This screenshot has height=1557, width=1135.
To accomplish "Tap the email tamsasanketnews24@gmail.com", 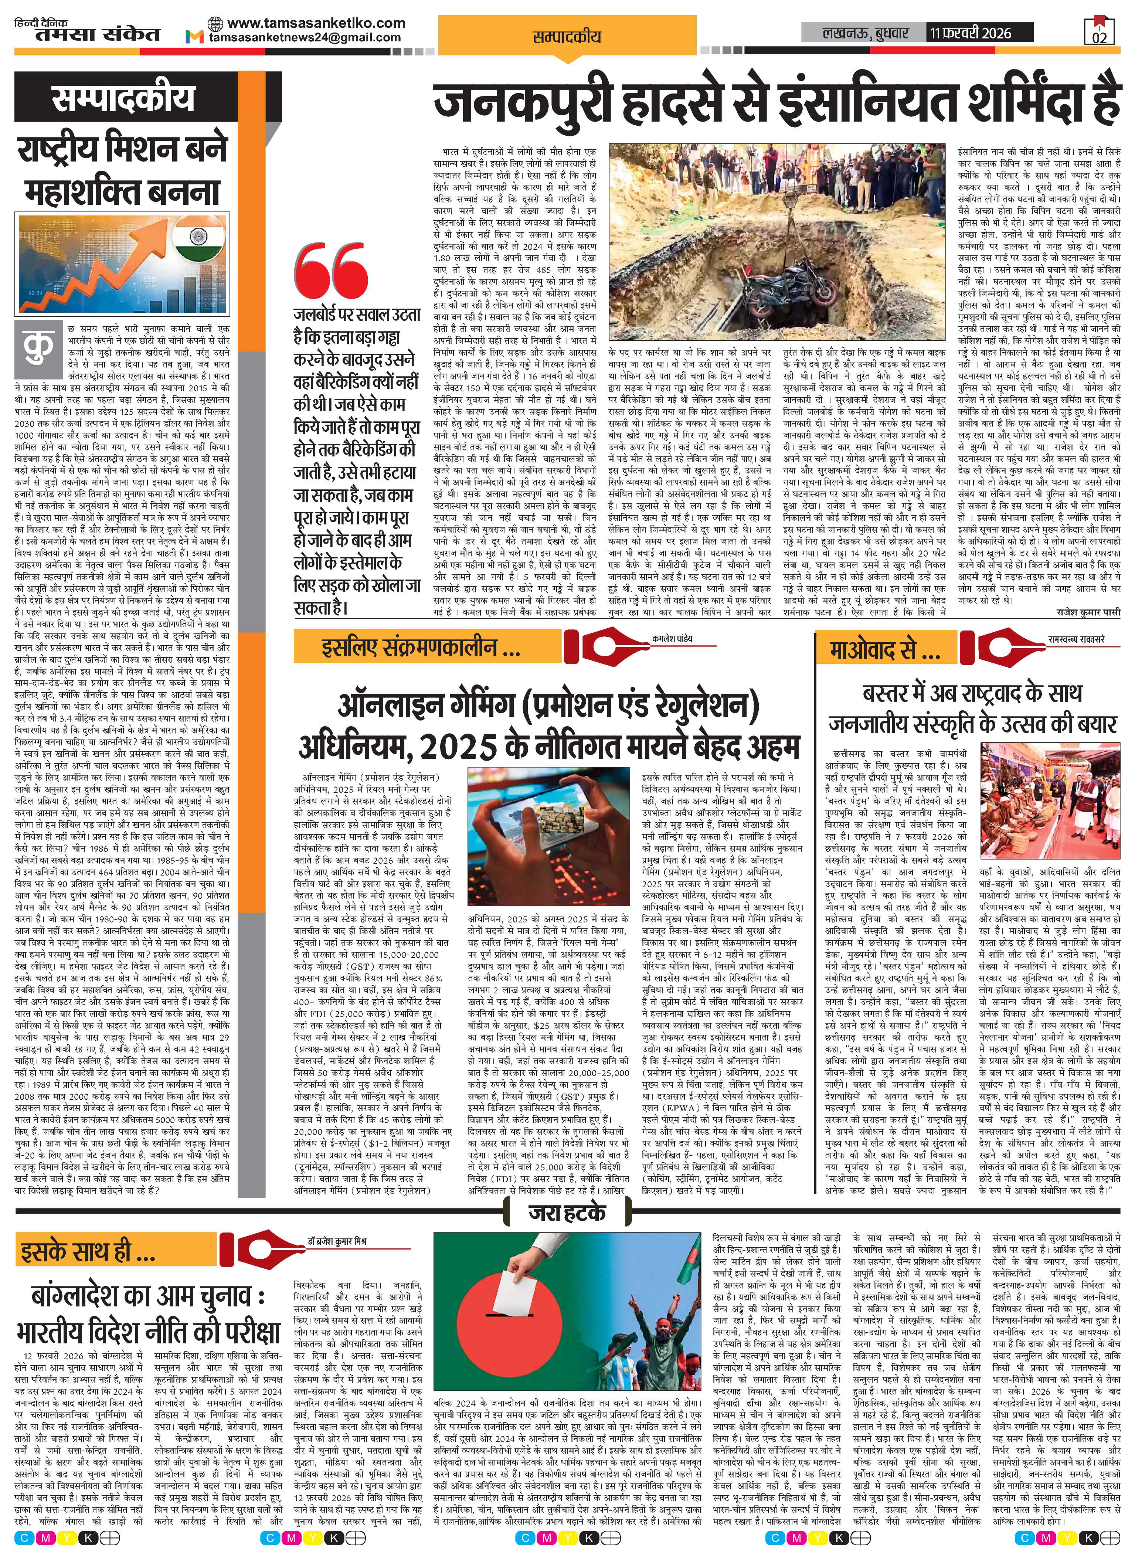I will [x=305, y=38].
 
